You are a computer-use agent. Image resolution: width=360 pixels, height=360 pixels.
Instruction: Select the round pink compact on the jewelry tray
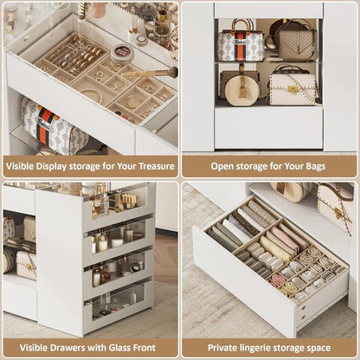[123, 52]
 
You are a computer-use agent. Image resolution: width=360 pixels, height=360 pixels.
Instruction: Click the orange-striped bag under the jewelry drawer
[52, 127]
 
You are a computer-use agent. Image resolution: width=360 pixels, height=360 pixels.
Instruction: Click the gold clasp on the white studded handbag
[294, 88]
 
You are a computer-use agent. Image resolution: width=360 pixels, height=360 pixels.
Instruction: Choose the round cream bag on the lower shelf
[240, 85]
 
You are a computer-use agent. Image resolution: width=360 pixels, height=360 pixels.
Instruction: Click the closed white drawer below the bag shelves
[268, 127]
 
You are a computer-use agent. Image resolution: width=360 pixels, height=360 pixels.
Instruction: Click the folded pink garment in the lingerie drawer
[284, 240]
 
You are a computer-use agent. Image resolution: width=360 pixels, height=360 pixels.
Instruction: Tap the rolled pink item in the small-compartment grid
[278, 280]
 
